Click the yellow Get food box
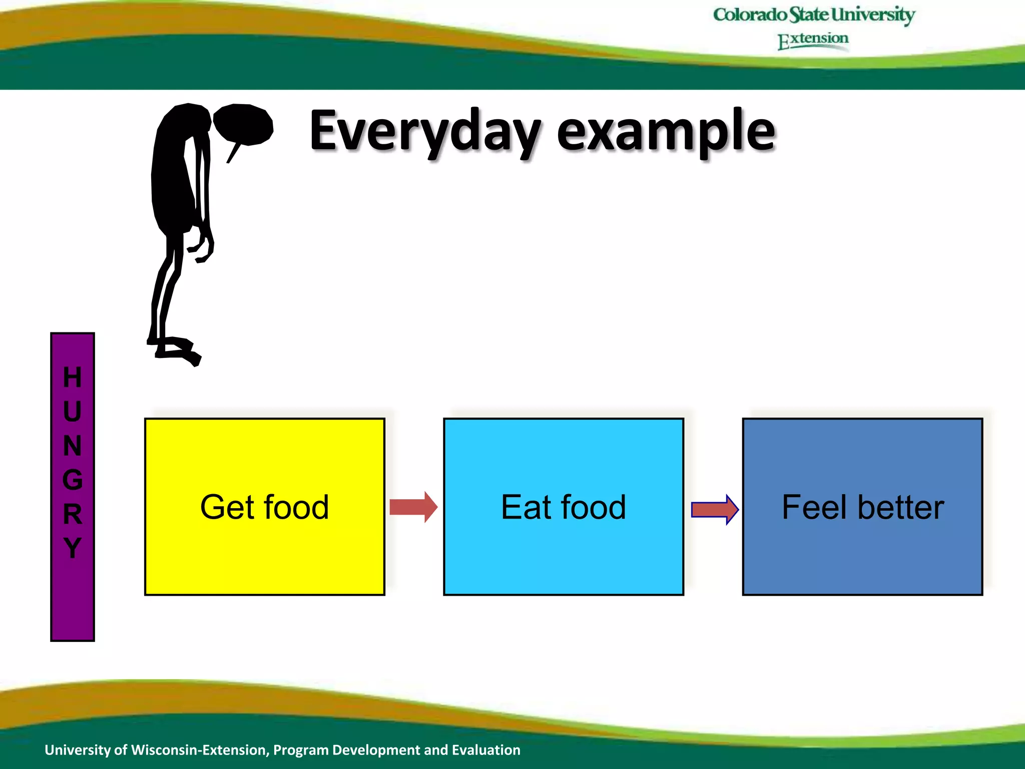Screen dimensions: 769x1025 (x=264, y=551)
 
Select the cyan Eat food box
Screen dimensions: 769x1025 (x=563, y=551)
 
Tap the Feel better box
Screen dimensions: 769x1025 (x=862, y=551)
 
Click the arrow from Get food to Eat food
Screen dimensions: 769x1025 (x=413, y=507)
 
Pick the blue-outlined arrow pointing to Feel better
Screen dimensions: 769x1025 (x=714, y=510)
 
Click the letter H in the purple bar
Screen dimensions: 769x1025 (x=72, y=377)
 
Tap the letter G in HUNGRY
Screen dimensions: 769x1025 (x=72, y=480)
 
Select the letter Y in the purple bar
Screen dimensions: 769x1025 (x=72, y=548)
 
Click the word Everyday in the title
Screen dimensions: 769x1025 (x=425, y=131)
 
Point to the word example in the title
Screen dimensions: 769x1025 (x=666, y=131)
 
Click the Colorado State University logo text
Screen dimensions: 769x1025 (x=814, y=15)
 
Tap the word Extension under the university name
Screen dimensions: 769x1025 (x=813, y=40)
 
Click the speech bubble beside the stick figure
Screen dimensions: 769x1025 (x=244, y=124)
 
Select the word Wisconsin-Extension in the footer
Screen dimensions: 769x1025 (x=200, y=749)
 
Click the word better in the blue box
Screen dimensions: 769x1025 (x=901, y=507)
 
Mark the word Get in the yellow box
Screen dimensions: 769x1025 (x=227, y=507)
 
